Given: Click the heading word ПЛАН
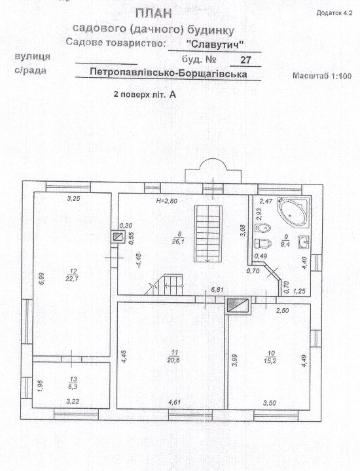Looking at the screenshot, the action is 154,14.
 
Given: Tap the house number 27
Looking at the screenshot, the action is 245,60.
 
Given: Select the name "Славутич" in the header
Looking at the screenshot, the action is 215,44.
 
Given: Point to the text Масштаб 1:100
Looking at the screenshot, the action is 322,76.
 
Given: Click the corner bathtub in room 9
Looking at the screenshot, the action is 294,213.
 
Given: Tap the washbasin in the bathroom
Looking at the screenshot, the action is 304,242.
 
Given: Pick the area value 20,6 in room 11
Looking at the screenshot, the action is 174,360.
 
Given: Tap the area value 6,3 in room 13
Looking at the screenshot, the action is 73,387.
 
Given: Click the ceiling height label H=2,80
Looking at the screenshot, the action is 167,201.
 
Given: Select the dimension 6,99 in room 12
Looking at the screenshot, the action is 41,278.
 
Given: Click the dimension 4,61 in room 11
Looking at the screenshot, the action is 175,402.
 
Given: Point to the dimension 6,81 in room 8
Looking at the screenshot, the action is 217,290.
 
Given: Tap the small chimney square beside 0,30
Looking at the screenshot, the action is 118,237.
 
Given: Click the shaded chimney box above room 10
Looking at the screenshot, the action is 238,306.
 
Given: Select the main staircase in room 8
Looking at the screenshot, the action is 209,234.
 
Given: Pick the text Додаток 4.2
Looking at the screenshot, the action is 334,13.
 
